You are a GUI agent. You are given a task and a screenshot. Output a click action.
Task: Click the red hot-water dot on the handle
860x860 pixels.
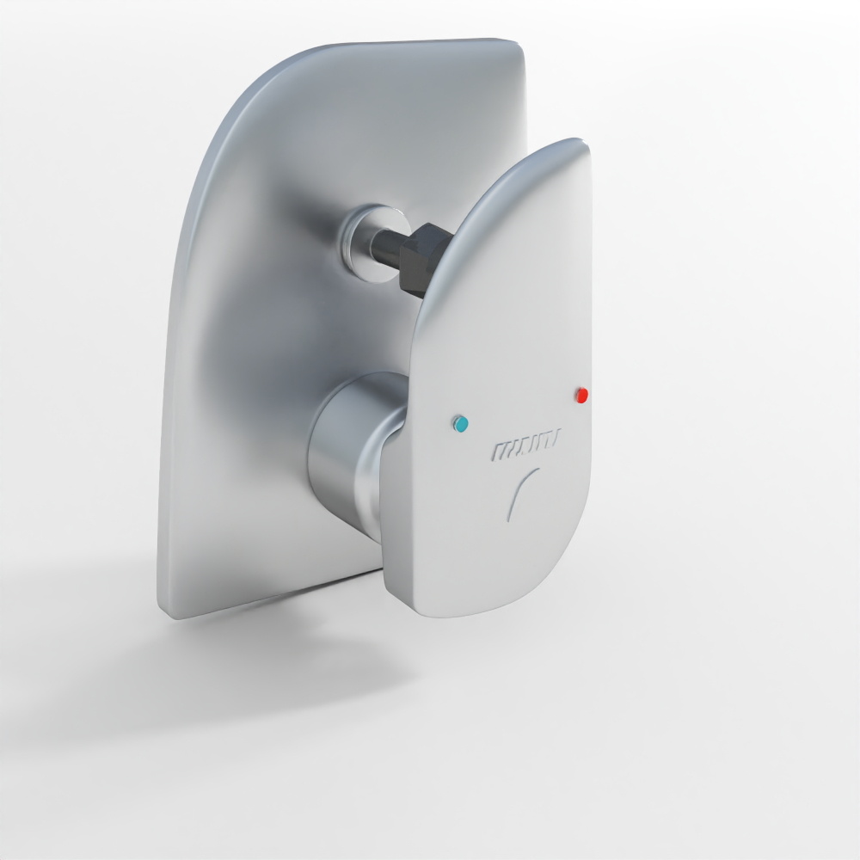(x=581, y=396)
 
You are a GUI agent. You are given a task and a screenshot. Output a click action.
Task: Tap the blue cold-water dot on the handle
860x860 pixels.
(x=461, y=423)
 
